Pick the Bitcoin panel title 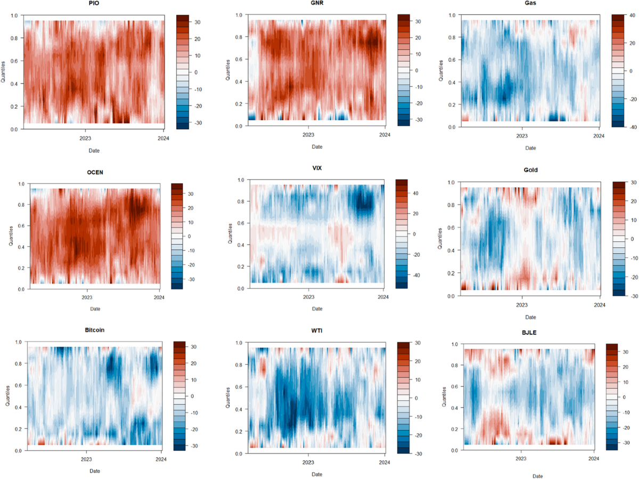(94, 330)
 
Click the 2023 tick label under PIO (85, 137)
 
